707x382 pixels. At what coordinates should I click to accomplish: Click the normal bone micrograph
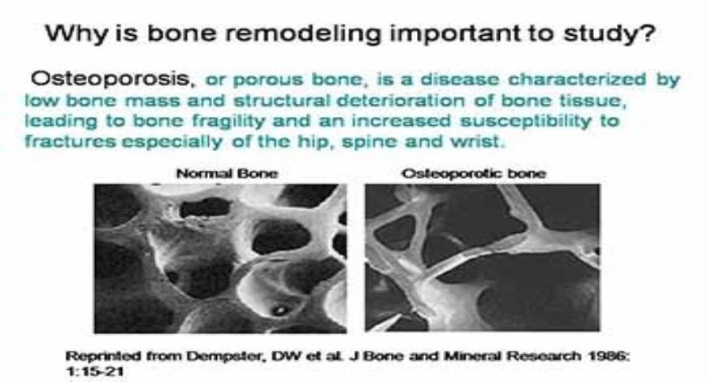coord(220,257)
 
